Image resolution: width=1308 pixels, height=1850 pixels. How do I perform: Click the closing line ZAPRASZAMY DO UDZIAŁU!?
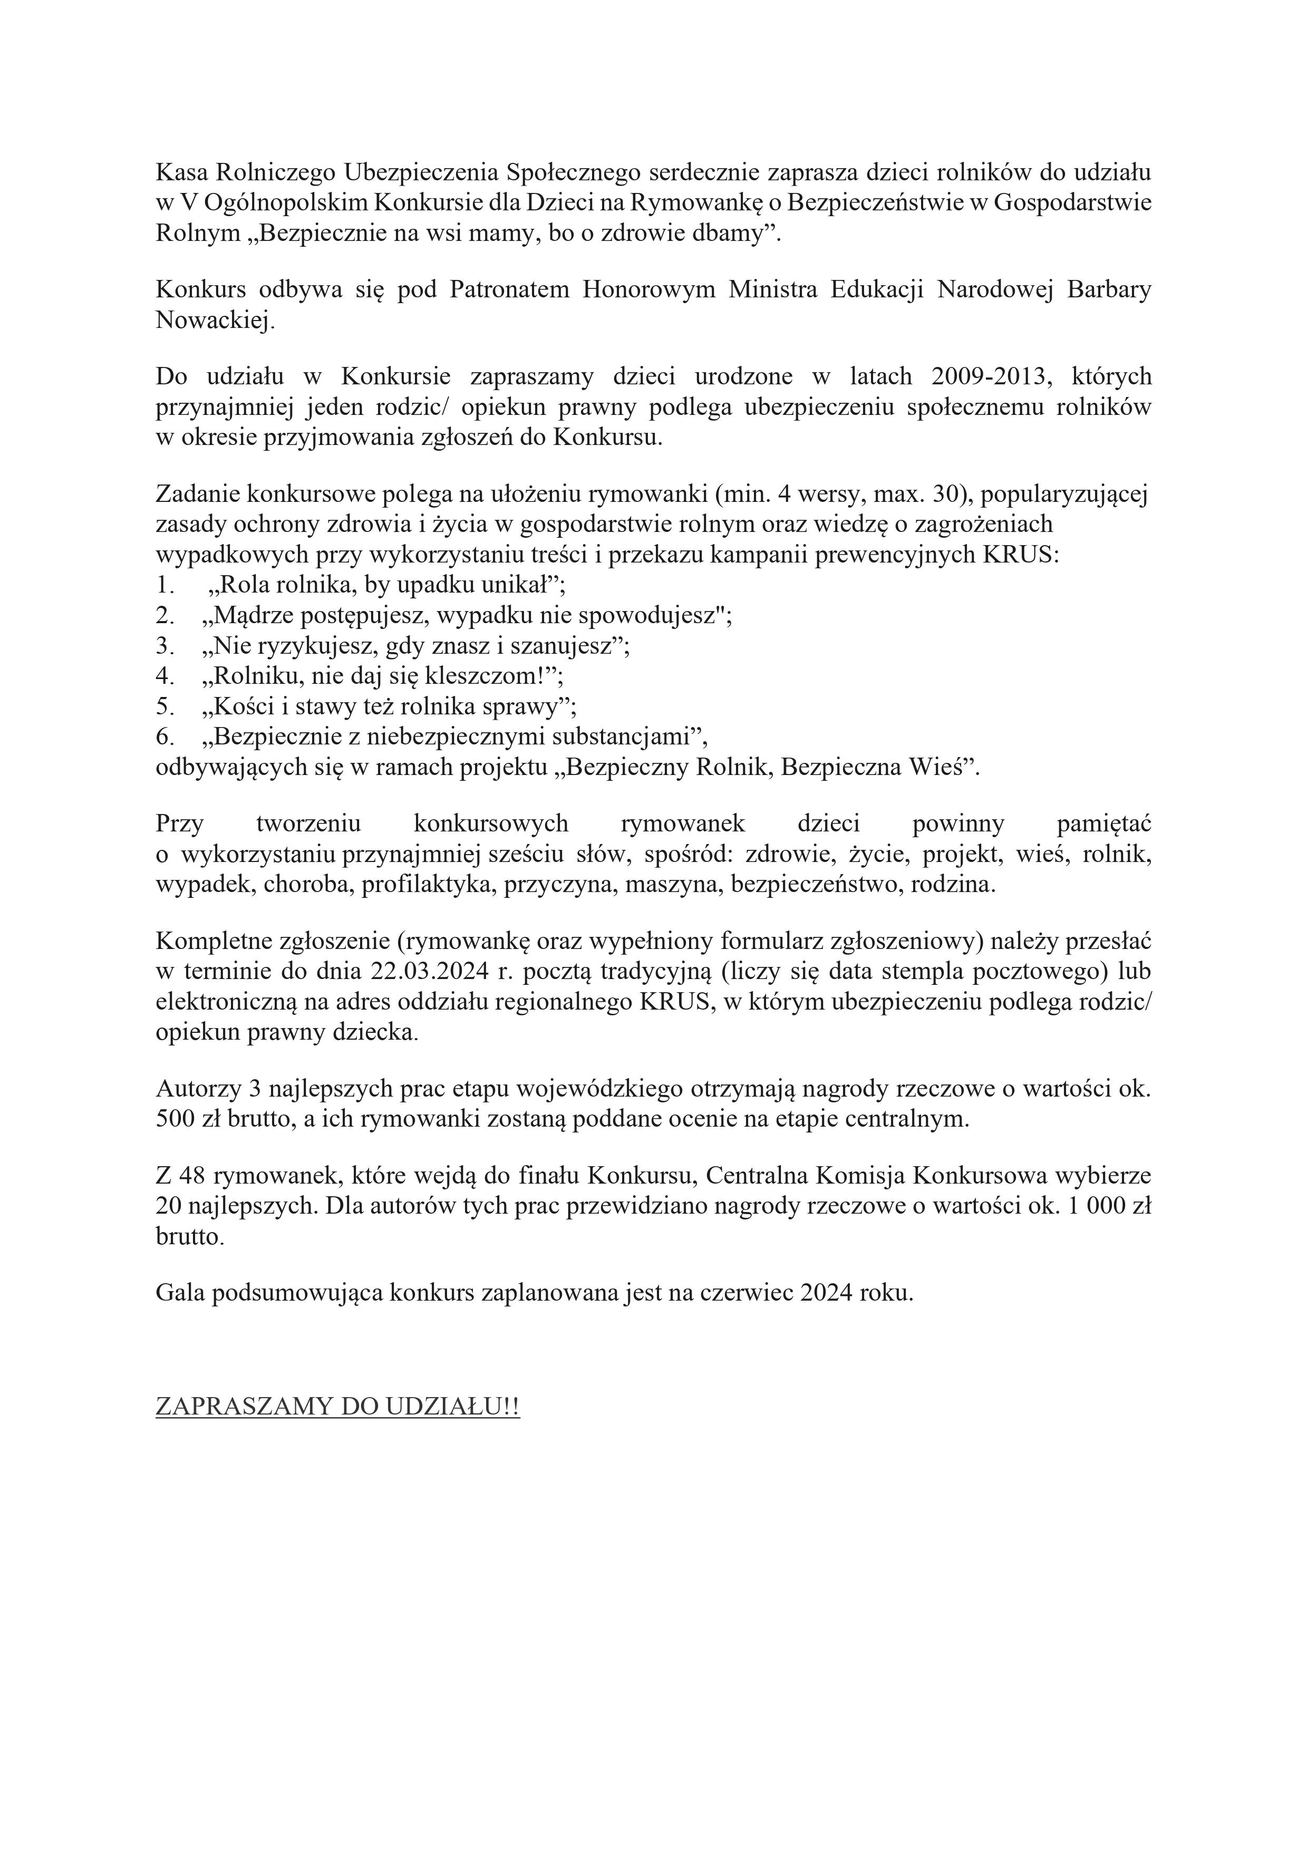pos(338,1407)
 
